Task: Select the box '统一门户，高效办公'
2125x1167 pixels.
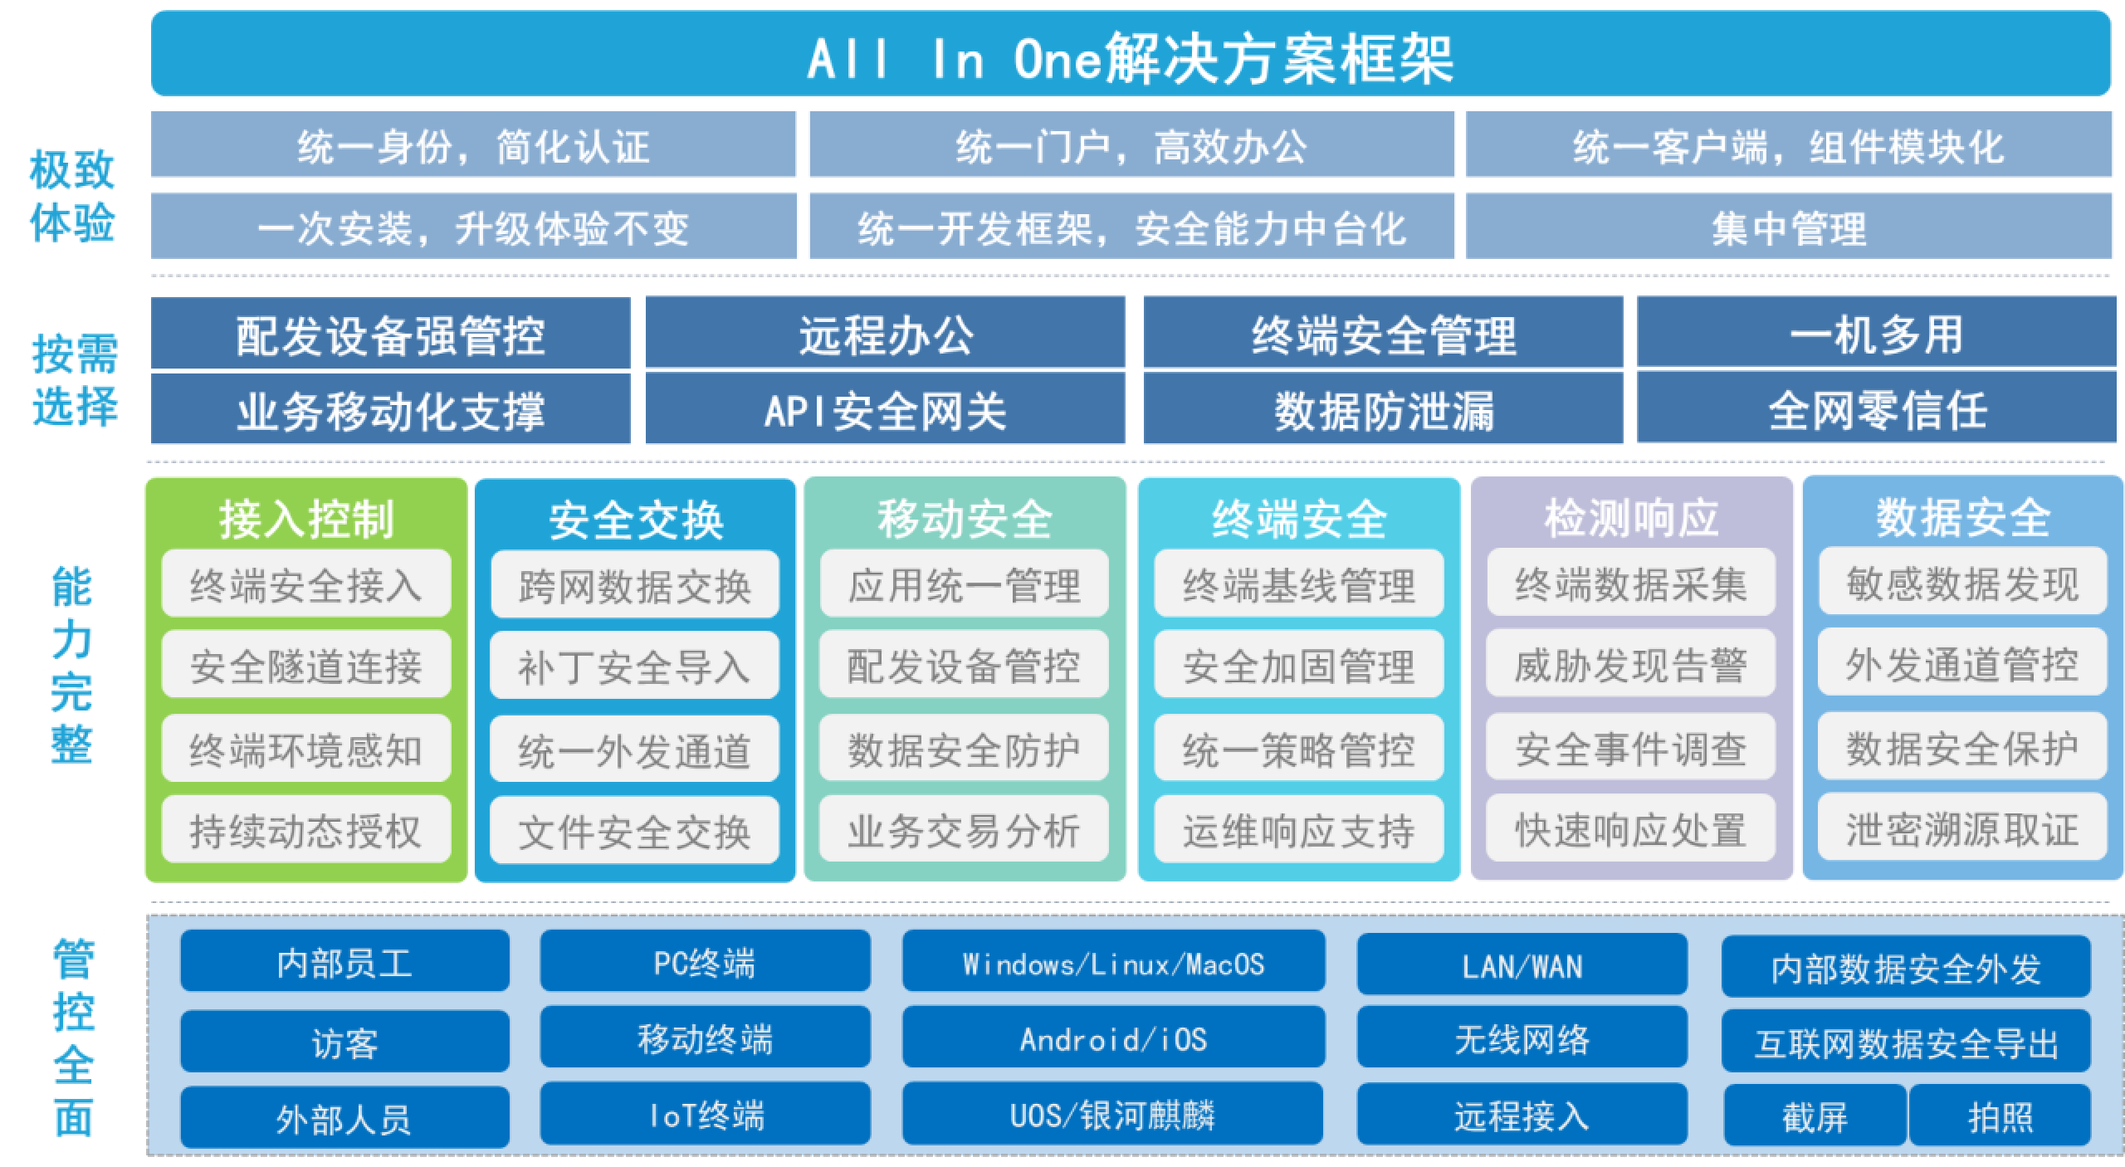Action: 1131,145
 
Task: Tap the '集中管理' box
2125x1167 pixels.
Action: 1789,227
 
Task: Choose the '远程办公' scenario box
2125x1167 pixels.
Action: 885,333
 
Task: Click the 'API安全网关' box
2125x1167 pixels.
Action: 885,408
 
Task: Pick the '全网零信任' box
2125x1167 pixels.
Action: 1877,408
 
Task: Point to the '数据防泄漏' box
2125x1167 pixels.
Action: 1383,408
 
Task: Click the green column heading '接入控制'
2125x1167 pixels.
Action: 306,519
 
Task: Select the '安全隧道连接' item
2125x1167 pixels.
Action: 306,664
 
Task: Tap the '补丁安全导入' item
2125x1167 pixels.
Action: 634,666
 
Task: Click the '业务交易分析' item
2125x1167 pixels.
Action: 964,829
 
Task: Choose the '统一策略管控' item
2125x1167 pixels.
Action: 1299,748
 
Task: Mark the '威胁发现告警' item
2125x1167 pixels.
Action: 1631,664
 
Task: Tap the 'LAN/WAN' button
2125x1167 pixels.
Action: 1522,964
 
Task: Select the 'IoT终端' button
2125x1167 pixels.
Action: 706,1114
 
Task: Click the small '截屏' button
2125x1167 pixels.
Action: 1815,1116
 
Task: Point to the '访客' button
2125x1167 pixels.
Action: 344,1042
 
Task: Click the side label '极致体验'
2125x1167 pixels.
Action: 72,197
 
